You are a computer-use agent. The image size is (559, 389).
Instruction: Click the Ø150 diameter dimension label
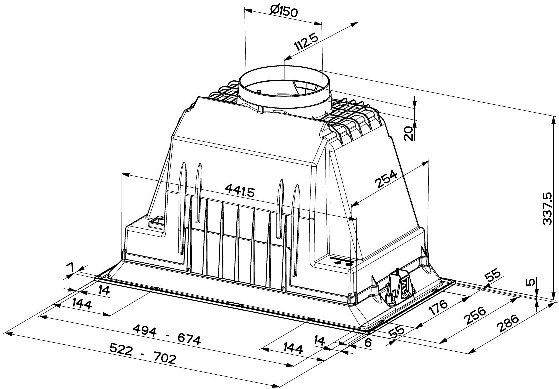click(284, 12)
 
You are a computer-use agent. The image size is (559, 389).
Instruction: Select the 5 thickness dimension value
click(531, 282)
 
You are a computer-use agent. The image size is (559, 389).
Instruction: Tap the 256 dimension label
click(475, 315)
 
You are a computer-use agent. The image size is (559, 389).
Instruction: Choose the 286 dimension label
click(507, 324)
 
